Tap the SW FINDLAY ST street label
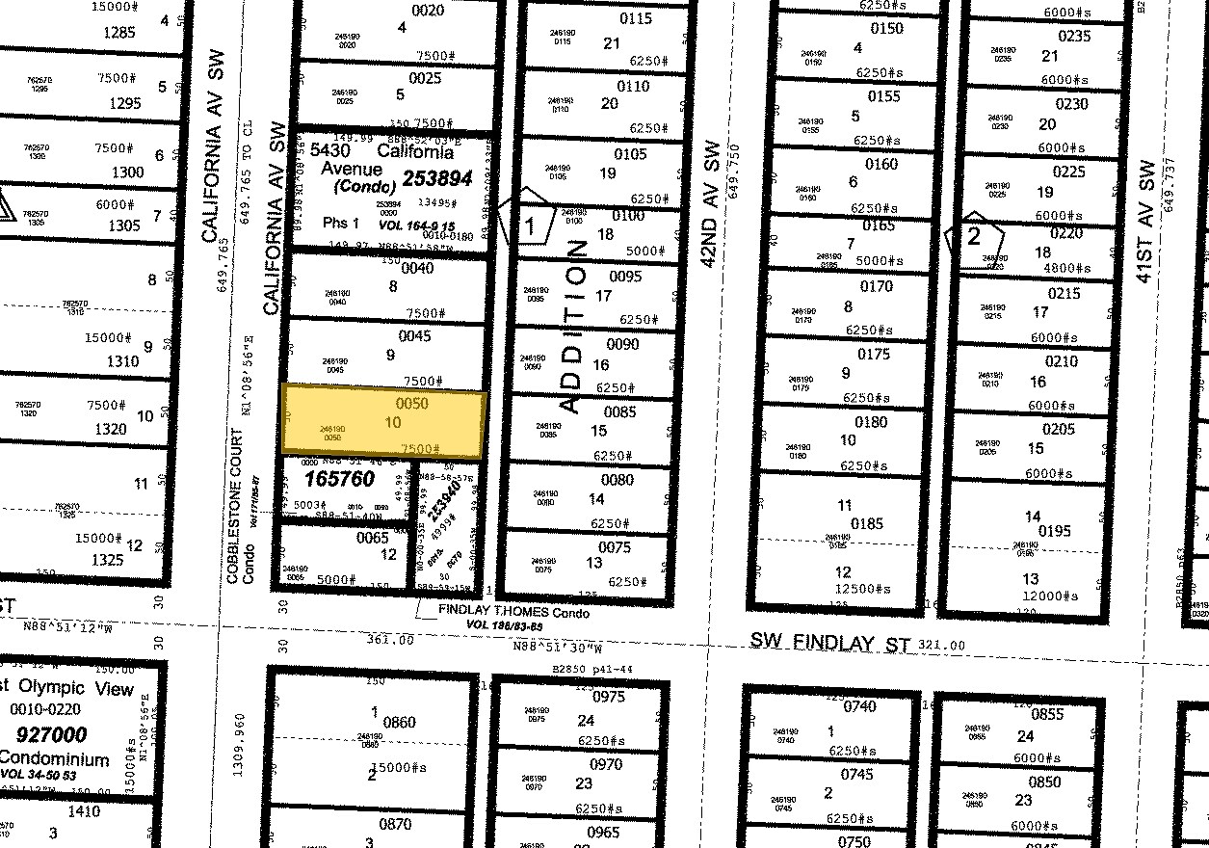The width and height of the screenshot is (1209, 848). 829,643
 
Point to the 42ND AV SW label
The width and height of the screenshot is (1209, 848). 712,204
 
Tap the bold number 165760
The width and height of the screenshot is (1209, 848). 339,479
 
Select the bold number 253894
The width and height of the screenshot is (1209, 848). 438,177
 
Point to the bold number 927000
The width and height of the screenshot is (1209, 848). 43,734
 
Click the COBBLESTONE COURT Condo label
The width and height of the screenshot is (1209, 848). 240,506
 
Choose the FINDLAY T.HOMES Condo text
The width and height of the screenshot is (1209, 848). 513,612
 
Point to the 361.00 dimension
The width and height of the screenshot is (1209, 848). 390,639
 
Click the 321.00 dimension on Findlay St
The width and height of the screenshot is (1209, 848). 942,644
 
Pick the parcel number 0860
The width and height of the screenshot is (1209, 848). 398,722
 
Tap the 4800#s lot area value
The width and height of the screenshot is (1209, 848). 1063,269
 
